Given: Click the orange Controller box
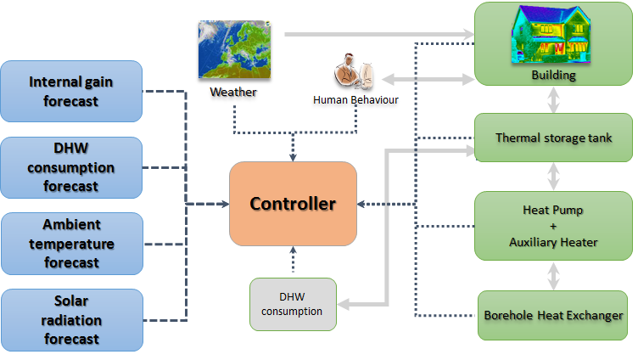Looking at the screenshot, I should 293,204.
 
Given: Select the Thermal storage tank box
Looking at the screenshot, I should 553,138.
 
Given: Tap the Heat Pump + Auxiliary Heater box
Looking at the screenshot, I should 553,225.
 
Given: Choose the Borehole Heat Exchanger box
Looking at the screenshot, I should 553,315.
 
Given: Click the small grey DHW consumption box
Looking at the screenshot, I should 293,305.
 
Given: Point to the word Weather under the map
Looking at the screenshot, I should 232,93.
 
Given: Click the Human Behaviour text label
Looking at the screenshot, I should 355,100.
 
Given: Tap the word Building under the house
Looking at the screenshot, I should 553,75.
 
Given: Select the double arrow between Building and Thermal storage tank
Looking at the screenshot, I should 553,102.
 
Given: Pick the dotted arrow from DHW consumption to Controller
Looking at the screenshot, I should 293,262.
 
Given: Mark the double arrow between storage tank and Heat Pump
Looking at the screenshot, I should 553,177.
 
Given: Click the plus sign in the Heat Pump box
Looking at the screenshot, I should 553,225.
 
